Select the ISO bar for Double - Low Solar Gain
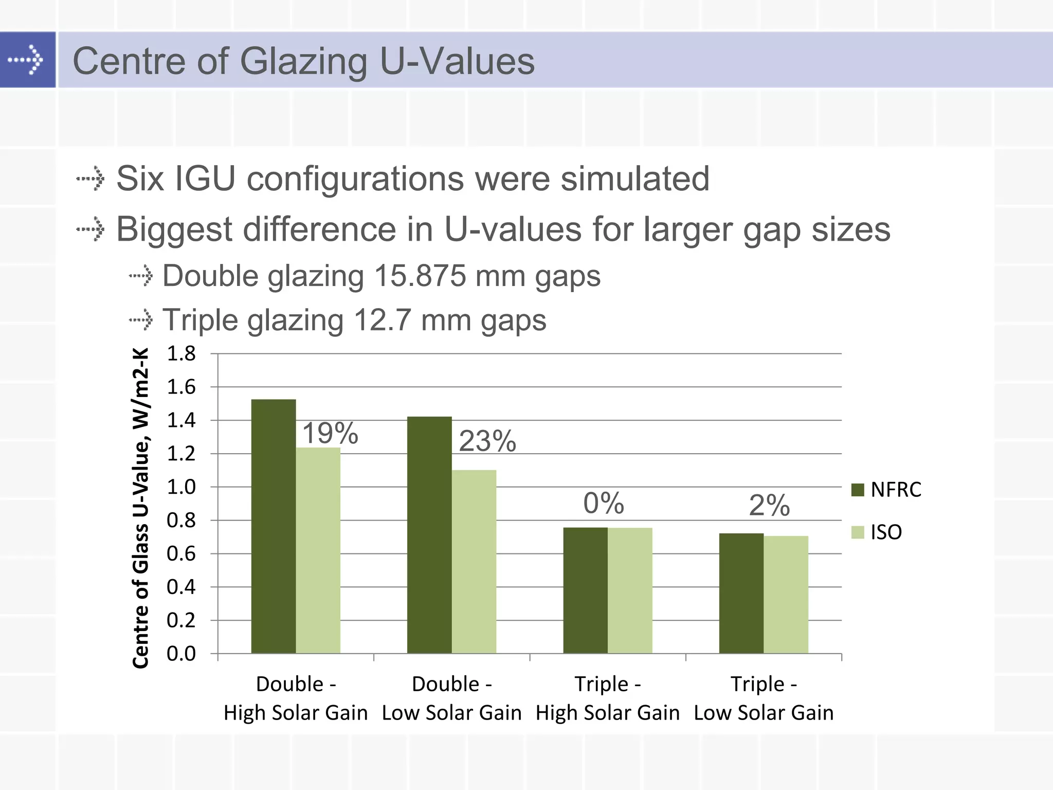click(x=474, y=562)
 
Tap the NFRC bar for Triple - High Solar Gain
click(x=586, y=590)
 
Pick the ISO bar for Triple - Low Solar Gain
click(x=786, y=595)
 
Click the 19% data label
click(x=330, y=433)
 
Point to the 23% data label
click(x=487, y=441)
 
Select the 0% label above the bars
click(x=604, y=503)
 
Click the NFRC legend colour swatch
click(x=858, y=490)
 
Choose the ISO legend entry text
click(x=886, y=532)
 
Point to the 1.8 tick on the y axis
click(x=181, y=354)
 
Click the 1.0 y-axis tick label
click(x=181, y=487)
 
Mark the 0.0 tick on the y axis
click(x=181, y=654)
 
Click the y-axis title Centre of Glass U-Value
click(x=141, y=508)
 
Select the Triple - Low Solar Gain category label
click(x=764, y=698)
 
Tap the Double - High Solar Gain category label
click(x=296, y=698)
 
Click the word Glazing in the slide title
click(x=303, y=61)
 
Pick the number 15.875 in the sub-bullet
click(x=420, y=276)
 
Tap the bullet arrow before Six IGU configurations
click(x=90, y=178)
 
